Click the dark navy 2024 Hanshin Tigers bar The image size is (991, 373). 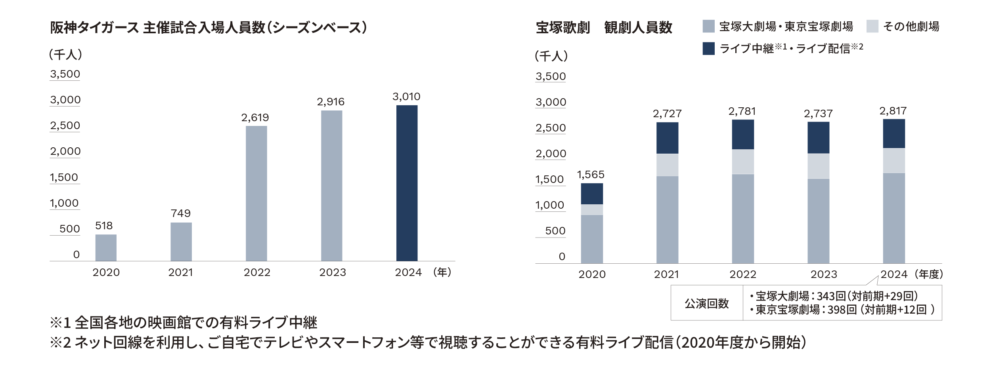coord(407,183)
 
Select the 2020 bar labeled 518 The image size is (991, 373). coord(106,247)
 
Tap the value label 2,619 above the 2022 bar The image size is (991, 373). coord(255,118)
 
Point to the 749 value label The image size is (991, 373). coord(181,213)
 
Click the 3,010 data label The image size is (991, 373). coord(406,97)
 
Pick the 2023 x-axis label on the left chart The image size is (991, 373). coord(333,272)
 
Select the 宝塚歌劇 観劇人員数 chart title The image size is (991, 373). coord(604,28)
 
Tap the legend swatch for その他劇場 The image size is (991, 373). coord(872,27)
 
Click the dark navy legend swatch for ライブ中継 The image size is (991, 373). coord(708,48)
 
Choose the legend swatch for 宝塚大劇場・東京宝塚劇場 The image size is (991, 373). coord(708,27)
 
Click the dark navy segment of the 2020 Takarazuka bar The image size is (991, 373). coord(592,194)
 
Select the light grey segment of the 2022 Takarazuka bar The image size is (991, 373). coord(743,162)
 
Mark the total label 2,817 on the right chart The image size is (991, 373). coord(893,111)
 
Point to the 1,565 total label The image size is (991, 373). coord(591,175)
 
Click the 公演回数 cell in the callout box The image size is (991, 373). coord(707,303)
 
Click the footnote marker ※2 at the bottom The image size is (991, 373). coord(60,342)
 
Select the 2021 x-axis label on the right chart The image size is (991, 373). coord(666,274)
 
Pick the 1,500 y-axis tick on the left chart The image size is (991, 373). coord(64,177)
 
